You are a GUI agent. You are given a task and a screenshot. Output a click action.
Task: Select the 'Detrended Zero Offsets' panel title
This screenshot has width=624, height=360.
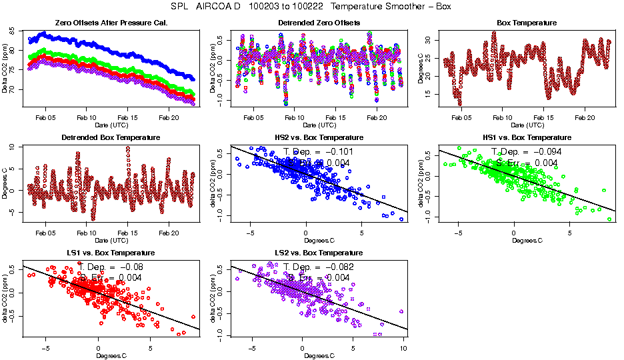319,23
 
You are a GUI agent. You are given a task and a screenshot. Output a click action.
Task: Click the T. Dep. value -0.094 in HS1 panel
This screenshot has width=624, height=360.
527,151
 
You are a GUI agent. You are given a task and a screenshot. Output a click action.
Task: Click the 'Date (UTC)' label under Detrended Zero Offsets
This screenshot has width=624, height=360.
319,125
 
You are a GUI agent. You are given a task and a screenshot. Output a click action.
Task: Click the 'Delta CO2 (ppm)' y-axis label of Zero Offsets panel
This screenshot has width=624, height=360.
5,70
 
